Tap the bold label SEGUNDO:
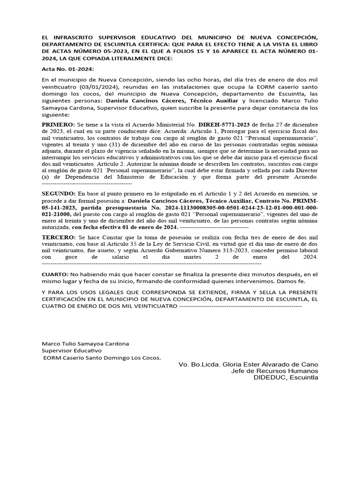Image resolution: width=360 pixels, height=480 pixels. tap(59, 194)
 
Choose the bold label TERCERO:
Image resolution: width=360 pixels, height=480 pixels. tap(58, 238)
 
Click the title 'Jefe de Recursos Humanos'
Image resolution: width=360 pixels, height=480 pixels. tap(275, 371)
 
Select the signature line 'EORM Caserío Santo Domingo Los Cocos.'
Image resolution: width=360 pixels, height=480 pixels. tap(102, 358)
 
